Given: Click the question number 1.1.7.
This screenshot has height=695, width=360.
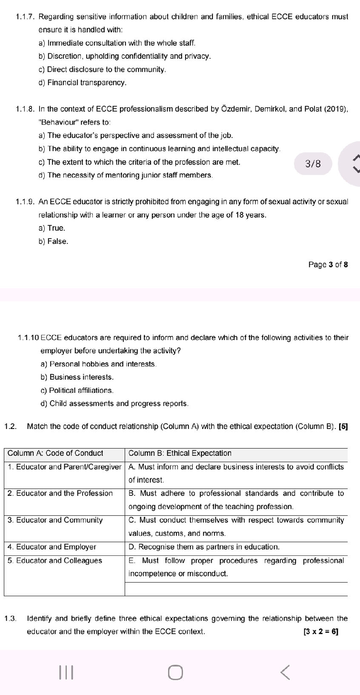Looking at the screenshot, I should click(25, 17).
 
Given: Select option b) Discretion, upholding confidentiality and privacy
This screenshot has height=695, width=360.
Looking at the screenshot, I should click(129, 56).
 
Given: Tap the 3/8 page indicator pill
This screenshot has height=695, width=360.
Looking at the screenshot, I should click(313, 164).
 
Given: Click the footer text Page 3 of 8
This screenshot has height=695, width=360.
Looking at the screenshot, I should click(328, 265).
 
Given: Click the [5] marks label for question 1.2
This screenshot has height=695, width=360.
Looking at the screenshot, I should click(343, 426).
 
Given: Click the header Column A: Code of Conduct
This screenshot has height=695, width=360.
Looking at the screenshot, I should click(55, 453).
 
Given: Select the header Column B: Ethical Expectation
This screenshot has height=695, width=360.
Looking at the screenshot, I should click(180, 453).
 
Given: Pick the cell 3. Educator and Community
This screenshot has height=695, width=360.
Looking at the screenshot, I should click(55, 520).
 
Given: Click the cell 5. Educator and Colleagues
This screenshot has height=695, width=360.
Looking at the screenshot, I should click(55, 561).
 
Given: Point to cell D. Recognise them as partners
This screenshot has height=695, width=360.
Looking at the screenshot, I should click(204, 547).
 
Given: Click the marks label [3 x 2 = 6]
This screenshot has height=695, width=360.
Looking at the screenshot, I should click(321, 632).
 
